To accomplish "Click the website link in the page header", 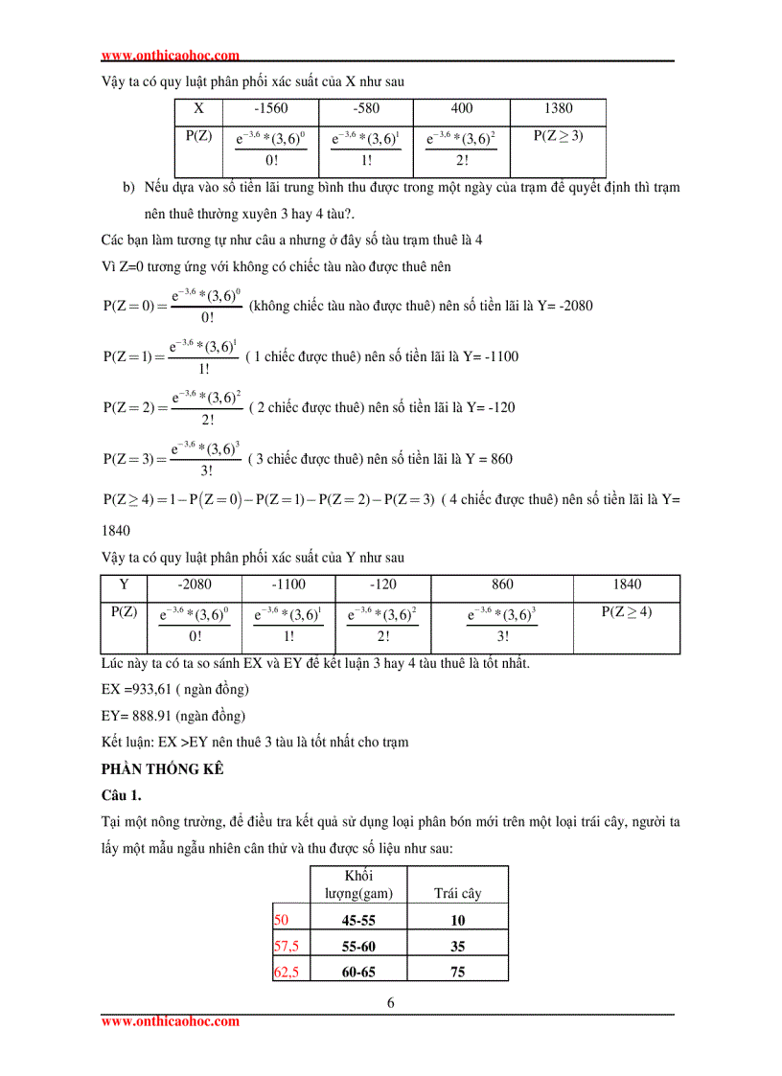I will [171, 56].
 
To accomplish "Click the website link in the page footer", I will [171, 1021].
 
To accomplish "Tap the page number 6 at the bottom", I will [391, 1003].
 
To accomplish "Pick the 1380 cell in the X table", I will [558, 109].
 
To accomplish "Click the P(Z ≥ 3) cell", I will [558, 136].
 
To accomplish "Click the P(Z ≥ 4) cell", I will [627, 612].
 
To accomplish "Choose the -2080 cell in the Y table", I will [195, 584].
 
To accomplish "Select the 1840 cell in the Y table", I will [627, 584].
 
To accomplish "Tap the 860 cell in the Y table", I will [502, 584].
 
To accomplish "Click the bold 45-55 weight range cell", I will [359, 921].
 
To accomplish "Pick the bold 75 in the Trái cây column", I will [457, 973].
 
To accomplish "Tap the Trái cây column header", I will [457, 894].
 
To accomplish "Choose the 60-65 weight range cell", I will [359, 973].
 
